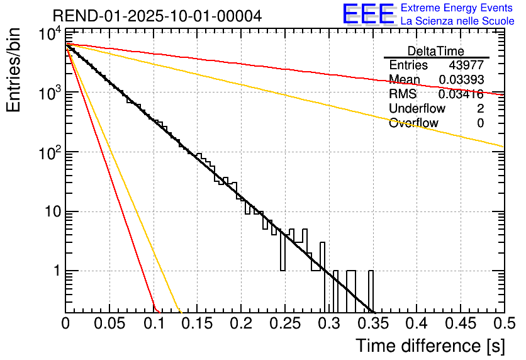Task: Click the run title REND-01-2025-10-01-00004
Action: click(x=157, y=15)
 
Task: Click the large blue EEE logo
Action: click(x=368, y=14)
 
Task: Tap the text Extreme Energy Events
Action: click(x=457, y=8)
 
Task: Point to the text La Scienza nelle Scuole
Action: click(x=457, y=21)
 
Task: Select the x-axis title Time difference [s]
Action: click(x=430, y=346)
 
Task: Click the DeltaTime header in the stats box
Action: click(x=436, y=51)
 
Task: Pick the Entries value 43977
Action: click(x=466, y=65)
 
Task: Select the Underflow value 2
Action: click(x=480, y=109)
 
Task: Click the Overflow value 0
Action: click(x=480, y=123)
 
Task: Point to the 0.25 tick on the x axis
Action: click(x=284, y=323)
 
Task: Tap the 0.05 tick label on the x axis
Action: click(x=109, y=323)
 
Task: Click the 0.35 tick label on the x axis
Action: click(x=372, y=323)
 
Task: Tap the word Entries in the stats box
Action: click(x=408, y=65)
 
